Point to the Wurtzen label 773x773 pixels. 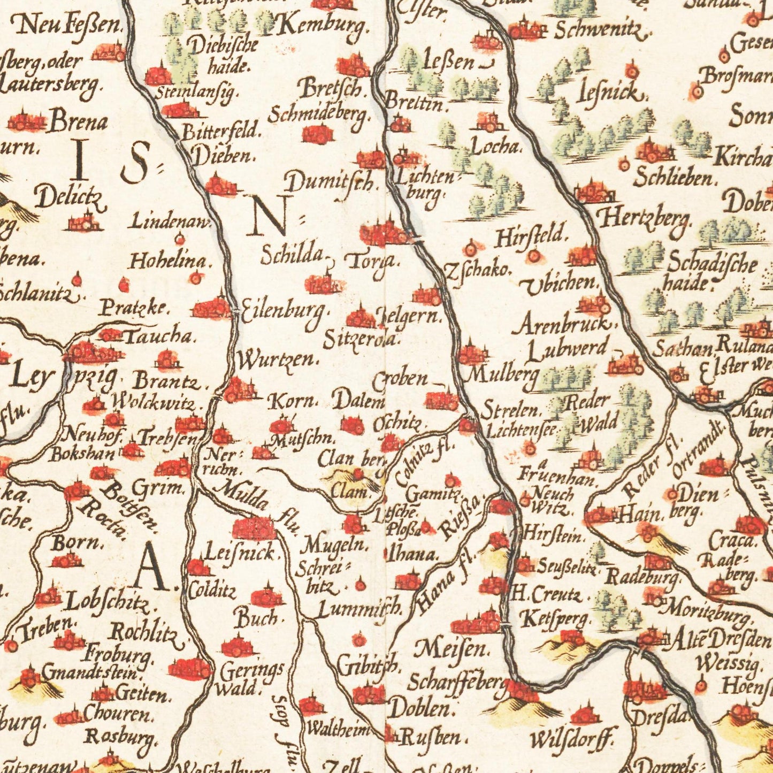pos(276,360)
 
